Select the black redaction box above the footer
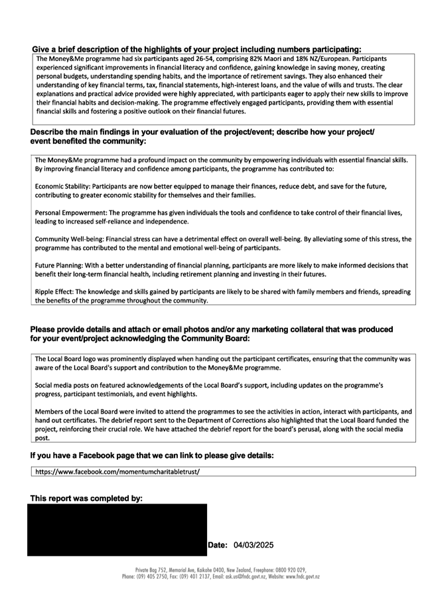point(117,530)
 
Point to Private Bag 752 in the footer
point(150,570)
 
